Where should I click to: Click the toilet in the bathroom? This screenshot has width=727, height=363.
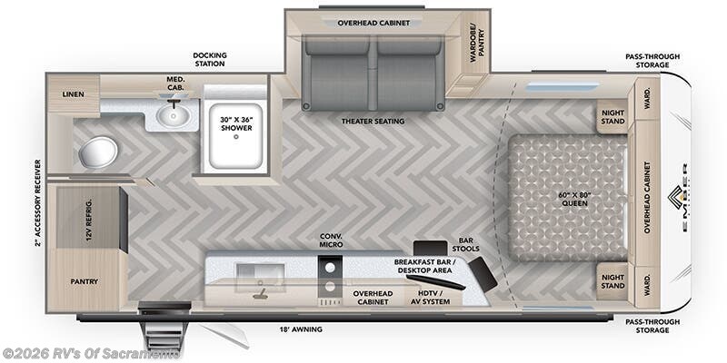point(97,152)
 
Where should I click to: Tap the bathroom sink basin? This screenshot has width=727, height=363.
point(171,115)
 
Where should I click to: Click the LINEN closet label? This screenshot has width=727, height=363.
point(73,94)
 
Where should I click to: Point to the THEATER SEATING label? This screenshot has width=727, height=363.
point(373,121)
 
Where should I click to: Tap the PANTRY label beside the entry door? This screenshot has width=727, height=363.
point(84,281)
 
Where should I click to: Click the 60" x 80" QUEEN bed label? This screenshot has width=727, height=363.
point(574,197)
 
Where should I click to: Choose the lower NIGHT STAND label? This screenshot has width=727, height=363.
point(612,280)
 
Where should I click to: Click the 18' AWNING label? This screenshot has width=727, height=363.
point(299,330)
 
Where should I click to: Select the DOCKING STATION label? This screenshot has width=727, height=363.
point(209,60)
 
